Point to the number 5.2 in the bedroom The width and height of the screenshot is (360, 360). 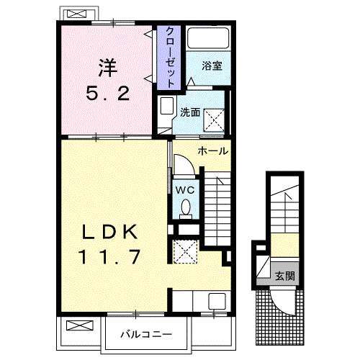(x=108, y=94)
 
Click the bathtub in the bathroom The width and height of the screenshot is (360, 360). (x=208, y=39)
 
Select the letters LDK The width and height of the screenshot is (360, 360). (x=108, y=232)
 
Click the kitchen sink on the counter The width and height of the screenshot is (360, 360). (x=215, y=302)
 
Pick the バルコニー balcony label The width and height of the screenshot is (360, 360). (x=145, y=333)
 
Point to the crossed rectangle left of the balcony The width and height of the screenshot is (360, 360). (x=76, y=325)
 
